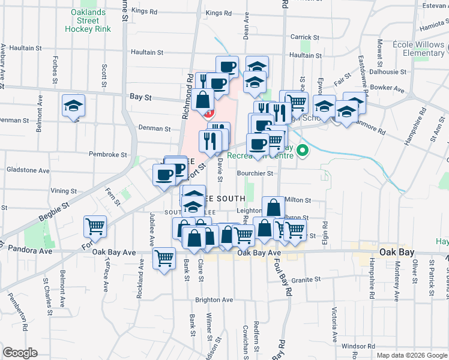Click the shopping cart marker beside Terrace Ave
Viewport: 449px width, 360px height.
pyautogui.click(x=95, y=227)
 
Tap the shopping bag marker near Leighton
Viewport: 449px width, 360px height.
pyautogui.click(x=273, y=208)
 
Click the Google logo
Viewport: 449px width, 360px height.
pyautogui.click(x=20, y=353)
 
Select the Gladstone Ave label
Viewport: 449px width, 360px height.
pyautogui.click(x=28, y=170)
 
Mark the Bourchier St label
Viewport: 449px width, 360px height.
pyautogui.click(x=255, y=173)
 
